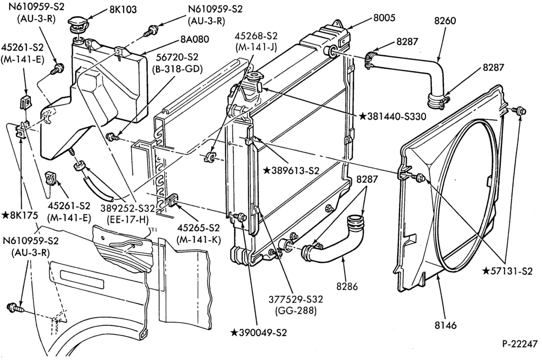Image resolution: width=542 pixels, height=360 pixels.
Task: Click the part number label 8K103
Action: [123, 9]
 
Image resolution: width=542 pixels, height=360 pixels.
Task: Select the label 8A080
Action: [195, 40]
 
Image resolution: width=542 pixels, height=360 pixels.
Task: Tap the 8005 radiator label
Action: [384, 18]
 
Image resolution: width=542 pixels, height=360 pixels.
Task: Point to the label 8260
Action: [444, 21]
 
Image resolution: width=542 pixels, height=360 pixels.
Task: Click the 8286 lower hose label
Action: [347, 286]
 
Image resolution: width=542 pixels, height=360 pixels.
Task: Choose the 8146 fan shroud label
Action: [445, 325]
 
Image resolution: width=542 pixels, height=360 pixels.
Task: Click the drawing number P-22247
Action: [520, 344]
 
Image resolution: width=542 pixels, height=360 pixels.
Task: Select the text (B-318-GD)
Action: [177, 69]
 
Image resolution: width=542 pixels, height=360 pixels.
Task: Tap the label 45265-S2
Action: [198, 228]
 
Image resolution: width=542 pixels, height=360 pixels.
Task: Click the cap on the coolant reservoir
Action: [78, 24]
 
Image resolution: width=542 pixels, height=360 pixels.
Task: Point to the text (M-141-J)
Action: [256, 47]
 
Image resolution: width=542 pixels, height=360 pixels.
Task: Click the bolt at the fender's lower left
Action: [15, 307]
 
